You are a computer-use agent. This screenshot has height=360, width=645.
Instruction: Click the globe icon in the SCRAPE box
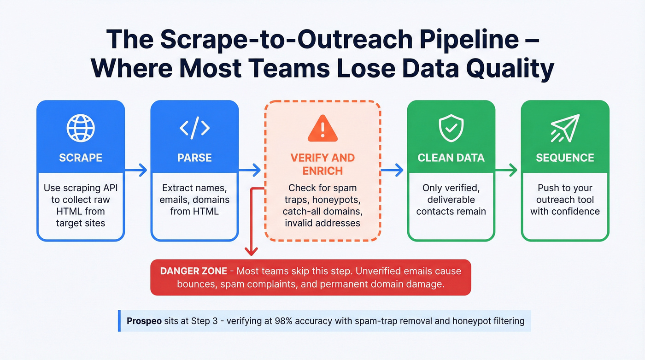81,128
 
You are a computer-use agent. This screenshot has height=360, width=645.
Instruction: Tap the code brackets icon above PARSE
194,128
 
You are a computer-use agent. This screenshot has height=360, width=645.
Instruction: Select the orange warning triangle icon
322,128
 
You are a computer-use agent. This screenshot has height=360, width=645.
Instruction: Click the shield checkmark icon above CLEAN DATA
451,128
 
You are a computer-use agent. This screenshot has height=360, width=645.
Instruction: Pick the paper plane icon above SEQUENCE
565,128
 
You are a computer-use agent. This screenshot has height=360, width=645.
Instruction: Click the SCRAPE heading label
81,158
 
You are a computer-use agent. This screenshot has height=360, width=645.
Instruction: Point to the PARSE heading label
194,158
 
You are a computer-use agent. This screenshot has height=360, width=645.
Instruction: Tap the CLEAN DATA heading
451,158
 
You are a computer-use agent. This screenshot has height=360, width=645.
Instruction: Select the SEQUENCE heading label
565,158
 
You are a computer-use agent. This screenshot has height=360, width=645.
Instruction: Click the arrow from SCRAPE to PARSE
137,171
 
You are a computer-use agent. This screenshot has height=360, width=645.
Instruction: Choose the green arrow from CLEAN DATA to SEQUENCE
508,171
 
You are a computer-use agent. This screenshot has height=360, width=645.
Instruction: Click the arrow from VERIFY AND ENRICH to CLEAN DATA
393,171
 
